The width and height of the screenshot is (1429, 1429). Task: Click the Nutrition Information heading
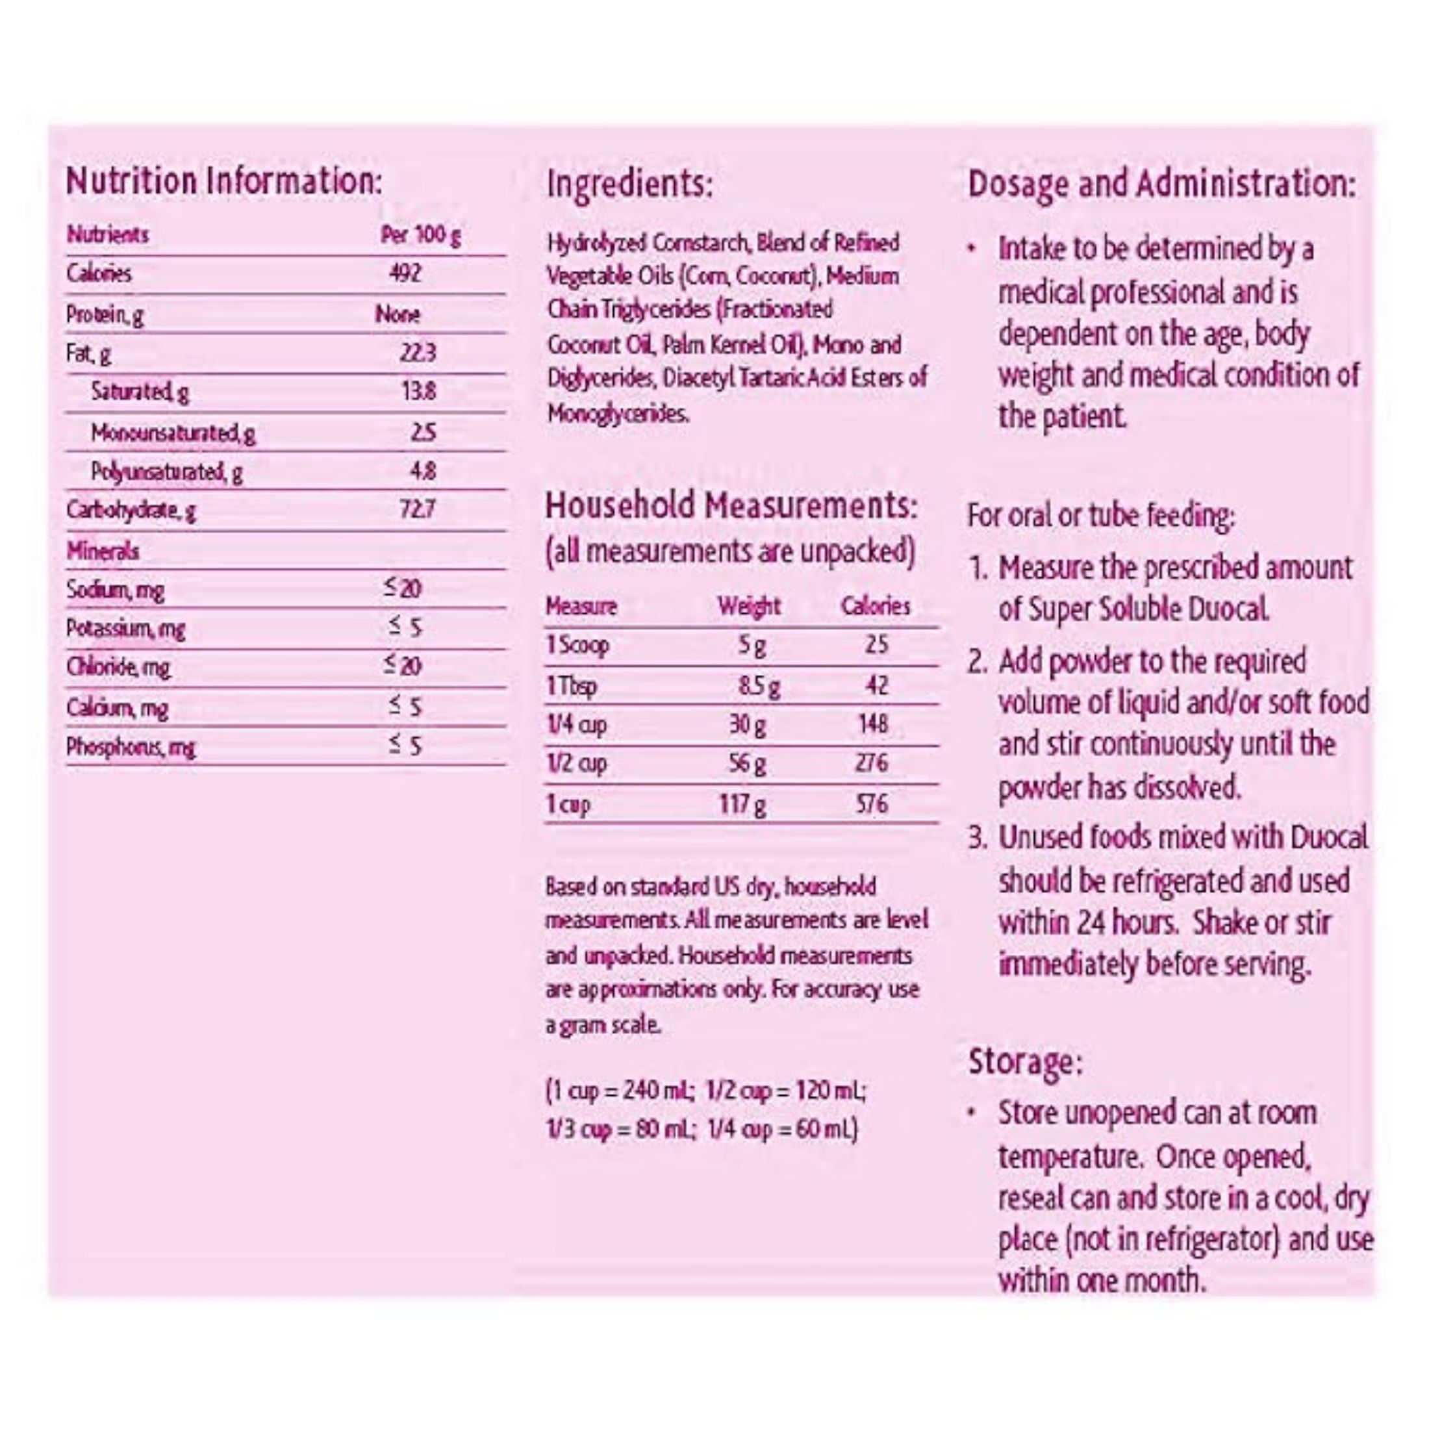[x=224, y=181]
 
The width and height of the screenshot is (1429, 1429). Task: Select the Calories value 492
[x=405, y=273]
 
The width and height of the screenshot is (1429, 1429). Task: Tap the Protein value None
[x=397, y=314]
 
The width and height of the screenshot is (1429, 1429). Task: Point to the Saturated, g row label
[x=139, y=391]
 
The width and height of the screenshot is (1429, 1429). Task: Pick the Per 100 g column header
[x=420, y=235]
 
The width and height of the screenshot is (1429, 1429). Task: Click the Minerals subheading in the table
[x=102, y=551]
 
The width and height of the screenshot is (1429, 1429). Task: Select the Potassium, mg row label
[x=125, y=629]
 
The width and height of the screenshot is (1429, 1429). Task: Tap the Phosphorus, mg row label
[x=130, y=747]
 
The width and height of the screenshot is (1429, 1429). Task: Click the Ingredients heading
[x=629, y=183]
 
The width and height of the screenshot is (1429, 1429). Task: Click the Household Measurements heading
[x=731, y=507]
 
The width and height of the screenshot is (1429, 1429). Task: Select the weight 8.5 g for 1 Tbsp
[x=758, y=687]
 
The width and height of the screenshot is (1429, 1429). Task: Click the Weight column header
[x=748, y=607]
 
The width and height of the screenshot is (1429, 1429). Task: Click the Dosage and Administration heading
[x=1161, y=183]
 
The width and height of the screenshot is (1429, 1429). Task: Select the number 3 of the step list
[x=978, y=838]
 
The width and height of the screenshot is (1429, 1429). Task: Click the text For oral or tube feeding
[x=1100, y=516]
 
